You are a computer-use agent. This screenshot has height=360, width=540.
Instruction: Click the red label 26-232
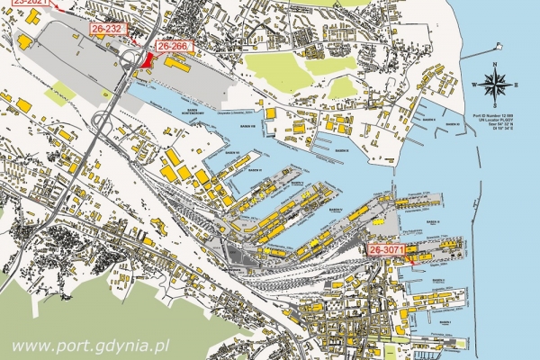click(x=107, y=30)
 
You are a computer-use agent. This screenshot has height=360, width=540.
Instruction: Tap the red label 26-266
click(x=173, y=45)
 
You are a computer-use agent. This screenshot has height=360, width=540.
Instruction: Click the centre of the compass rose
click(x=493, y=85)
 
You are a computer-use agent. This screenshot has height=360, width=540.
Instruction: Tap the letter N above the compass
click(x=493, y=65)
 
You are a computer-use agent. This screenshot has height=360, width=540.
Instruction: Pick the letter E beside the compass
click(x=516, y=85)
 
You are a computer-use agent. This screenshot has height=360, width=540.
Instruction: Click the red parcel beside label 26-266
click(x=148, y=60)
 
